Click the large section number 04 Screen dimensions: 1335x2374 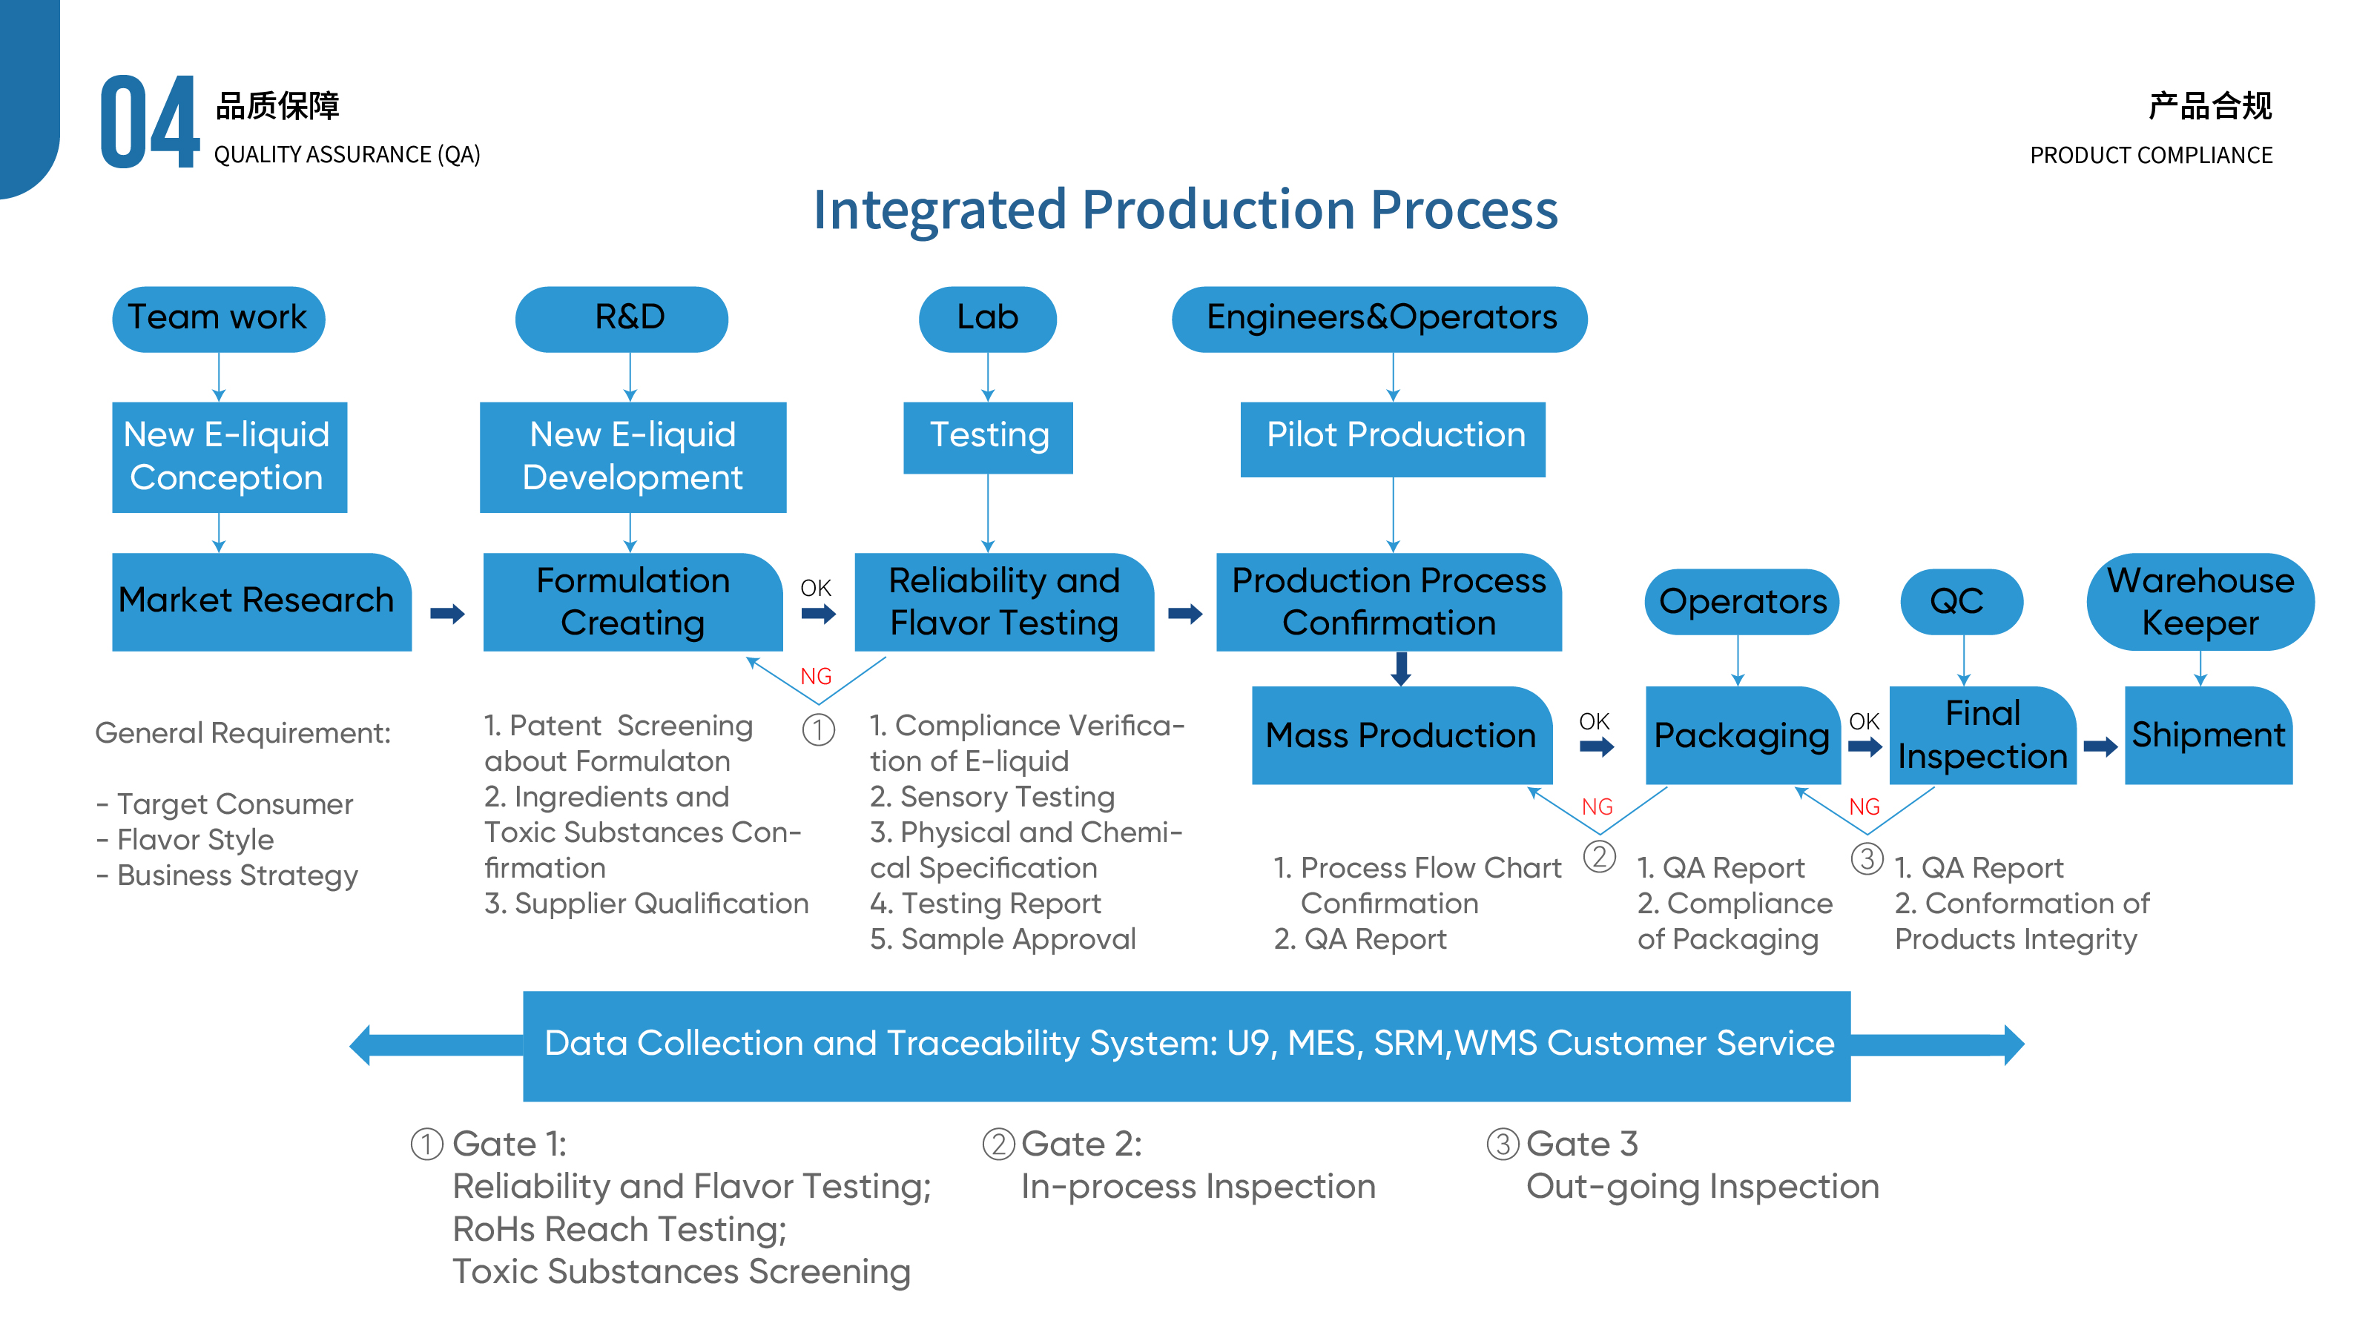pyautogui.click(x=149, y=122)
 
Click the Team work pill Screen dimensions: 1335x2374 pyautogui.click(x=219, y=319)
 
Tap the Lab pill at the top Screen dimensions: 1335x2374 pyautogui.click(x=987, y=319)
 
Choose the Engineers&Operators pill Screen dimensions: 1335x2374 pyautogui.click(x=1379, y=319)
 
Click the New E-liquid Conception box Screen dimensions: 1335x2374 pyautogui.click(x=229, y=457)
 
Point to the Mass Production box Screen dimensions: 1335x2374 pyautogui.click(x=1401, y=735)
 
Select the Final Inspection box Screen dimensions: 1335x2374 pyautogui.click(x=1982, y=735)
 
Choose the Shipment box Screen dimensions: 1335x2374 pyautogui.click(x=2208, y=735)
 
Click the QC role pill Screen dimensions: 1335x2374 pyautogui.click(x=1961, y=602)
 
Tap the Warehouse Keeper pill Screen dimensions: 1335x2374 pyautogui.click(x=2200, y=602)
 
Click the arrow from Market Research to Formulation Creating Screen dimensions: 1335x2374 pyautogui.click(x=448, y=614)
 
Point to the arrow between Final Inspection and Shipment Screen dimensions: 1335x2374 pyautogui.click(x=2100, y=746)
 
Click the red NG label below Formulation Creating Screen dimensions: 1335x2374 pyautogui.click(x=816, y=676)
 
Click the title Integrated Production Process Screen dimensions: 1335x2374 pyautogui.click(x=1185, y=210)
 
